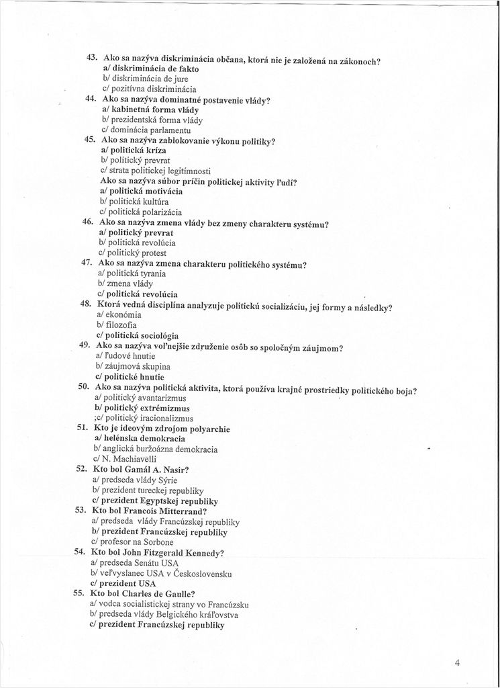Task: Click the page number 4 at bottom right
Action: tap(457, 662)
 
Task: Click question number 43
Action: tap(93, 58)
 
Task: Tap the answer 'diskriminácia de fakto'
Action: tap(150, 68)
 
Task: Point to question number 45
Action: tap(89, 140)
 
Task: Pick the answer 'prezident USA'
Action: tap(122, 583)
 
